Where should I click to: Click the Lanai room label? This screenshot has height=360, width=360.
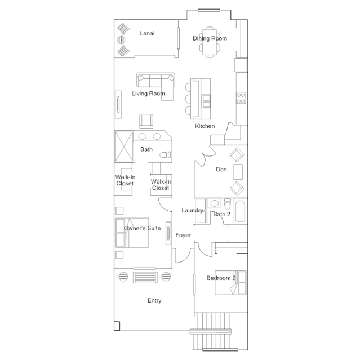tap(147, 33)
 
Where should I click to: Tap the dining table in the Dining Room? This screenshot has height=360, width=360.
tap(210, 42)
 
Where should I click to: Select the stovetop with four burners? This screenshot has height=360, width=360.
tap(241, 98)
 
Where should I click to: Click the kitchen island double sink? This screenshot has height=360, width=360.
tap(206, 101)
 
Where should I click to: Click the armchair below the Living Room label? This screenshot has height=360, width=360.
tap(146, 122)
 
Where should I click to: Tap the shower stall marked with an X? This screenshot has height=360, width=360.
tap(124, 146)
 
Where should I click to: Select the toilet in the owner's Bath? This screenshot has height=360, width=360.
tap(166, 155)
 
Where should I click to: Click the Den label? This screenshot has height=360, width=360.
tap(221, 170)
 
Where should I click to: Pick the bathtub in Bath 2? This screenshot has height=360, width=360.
tap(240, 211)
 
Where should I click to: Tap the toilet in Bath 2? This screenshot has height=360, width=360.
tap(227, 204)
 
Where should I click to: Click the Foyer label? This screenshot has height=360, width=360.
tap(183, 235)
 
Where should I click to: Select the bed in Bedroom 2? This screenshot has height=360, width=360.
tap(230, 283)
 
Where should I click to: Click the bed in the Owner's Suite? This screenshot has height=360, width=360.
tap(132, 233)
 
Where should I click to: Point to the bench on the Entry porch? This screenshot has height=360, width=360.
tap(145, 277)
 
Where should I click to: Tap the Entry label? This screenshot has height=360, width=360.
tap(154, 300)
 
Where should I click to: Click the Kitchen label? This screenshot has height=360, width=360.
tap(205, 126)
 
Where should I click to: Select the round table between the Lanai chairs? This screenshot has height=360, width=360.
tap(122, 40)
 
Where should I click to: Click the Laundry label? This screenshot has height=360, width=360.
tap(192, 211)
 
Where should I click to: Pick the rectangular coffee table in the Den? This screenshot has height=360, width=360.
tap(238, 172)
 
